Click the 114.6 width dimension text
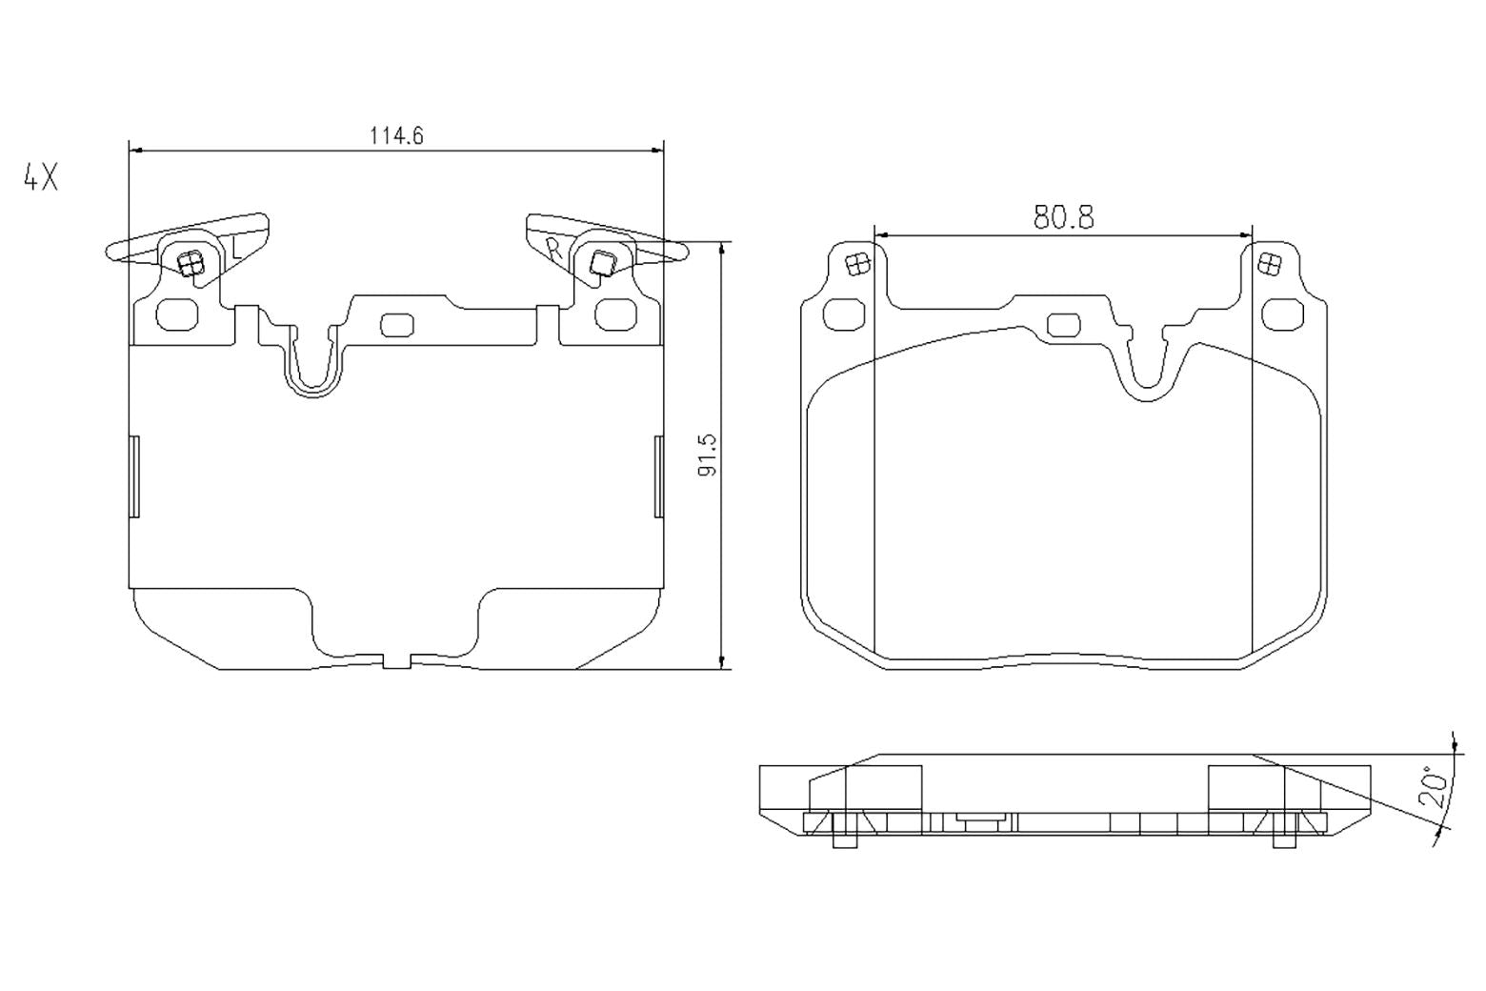tap(396, 136)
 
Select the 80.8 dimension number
tap(1064, 218)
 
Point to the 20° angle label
tap(1435, 786)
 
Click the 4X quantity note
tap(41, 177)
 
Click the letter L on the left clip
tap(236, 250)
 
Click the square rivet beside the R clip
tap(603, 262)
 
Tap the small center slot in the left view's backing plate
tap(396, 325)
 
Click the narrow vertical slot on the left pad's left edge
tap(134, 475)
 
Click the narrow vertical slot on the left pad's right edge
tap(657, 475)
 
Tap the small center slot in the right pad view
tap(1063, 325)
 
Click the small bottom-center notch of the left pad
tap(396, 660)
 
